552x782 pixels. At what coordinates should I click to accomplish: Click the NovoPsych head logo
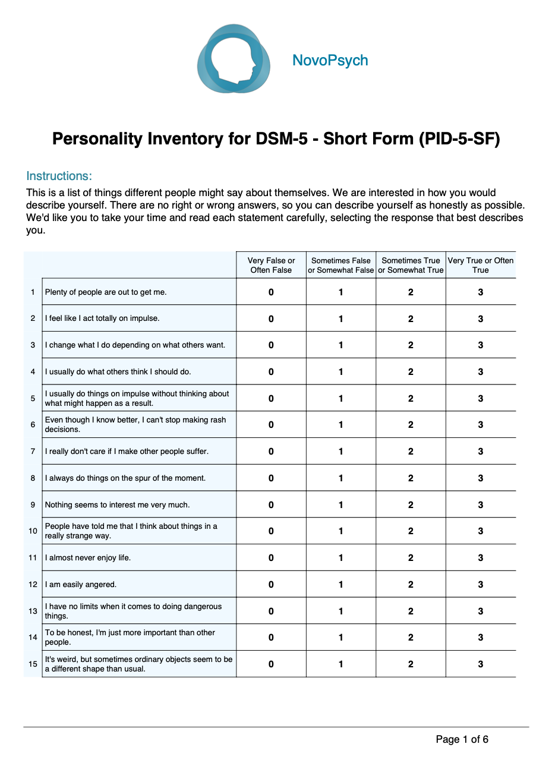pyautogui.click(x=234, y=59)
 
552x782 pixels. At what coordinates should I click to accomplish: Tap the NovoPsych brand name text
pyautogui.click(x=330, y=61)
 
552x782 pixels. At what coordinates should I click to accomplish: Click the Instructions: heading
pyautogui.click(x=59, y=176)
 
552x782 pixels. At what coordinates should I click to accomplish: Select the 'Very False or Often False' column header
pyautogui.click(x=271, y=265)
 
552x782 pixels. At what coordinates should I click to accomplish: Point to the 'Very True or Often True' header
pyautogui.click(x=480, y=265)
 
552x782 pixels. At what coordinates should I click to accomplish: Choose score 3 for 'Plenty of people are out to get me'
pyautogui.click(x=480, y=292)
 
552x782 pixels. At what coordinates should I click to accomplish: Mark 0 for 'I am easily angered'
pyautogui.click(x=271, y=585)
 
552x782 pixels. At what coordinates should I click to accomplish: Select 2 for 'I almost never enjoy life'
pyautogui.click(x=411, y=558)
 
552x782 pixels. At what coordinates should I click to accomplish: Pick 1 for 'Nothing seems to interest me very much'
pyautogui.click(x=341, y=505)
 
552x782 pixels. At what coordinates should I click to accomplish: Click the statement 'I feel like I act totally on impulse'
pyautogui.click(x=102, y=319)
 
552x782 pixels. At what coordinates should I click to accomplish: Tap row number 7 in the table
pyautogui.click(x=33, y=452)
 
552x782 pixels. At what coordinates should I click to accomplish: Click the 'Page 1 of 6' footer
pyautogui.click(x=462, y=739)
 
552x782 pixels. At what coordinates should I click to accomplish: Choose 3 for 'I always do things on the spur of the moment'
pyautogui.click(x=480, y=478)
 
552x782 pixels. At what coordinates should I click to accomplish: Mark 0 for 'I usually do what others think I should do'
pyautogui.click(x=271, y=372)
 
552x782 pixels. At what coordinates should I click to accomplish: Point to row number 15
pyautogui.click(x=33, y=664)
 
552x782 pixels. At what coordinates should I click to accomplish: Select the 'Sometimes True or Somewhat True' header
pyautogui.click(x=411, y=265)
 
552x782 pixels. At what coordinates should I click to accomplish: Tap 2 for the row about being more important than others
pyautogui.click(x=411, y=638)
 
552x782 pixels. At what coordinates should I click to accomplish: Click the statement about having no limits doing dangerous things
pyautogui.click(x=133, y=611)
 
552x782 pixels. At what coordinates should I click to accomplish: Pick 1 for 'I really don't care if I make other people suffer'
pyautogui.click(x=341, y=452)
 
